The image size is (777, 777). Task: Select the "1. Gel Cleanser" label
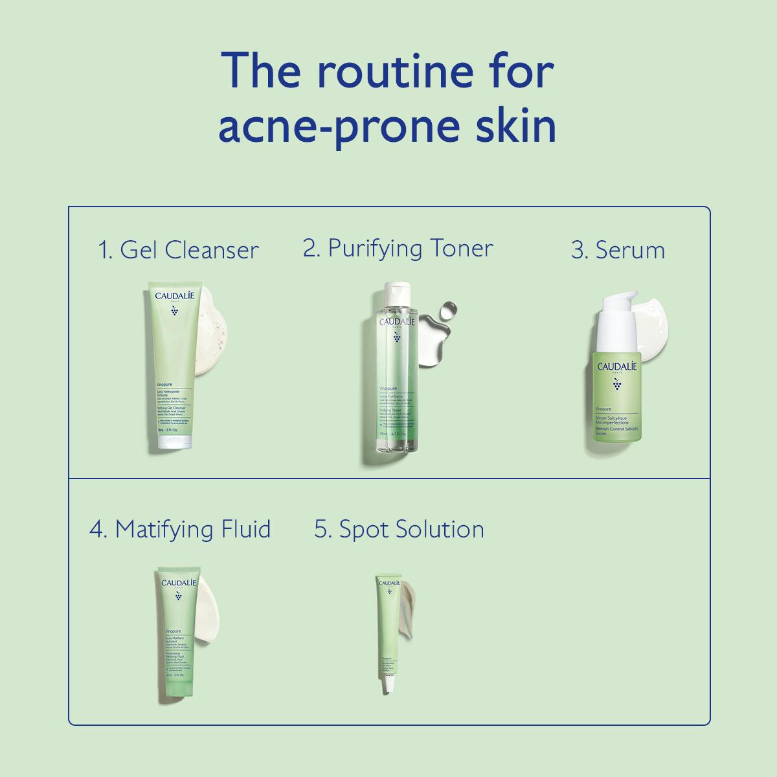click(x=178, y=250)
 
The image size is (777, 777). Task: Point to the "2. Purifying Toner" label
click(x=398, y=249)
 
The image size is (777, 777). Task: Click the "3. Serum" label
click(x=618, y=250)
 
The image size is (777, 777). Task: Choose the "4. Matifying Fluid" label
click(x=180, y=529)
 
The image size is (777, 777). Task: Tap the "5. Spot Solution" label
click(x=399, y=529)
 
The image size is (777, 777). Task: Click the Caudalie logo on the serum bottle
click(x=616, y=366)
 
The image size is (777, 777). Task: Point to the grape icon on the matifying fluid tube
click(x=178, y=596)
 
